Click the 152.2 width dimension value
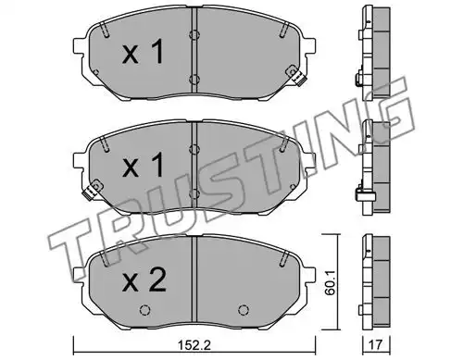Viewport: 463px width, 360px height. [x=194, y=345]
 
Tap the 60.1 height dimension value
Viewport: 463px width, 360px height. [x=330, y=284]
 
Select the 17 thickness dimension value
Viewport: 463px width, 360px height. [x=376, y=345]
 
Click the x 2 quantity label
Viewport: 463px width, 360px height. [x=144, y=281]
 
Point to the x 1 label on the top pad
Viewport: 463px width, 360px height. [x=143, y=53]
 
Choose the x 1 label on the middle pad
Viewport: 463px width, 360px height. [x=143, y=166]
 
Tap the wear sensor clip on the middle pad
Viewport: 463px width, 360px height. [x=93, y=190]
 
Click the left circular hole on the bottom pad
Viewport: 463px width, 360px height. [x=144, y=310]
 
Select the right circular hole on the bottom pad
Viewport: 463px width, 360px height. [x=244, y=310]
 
